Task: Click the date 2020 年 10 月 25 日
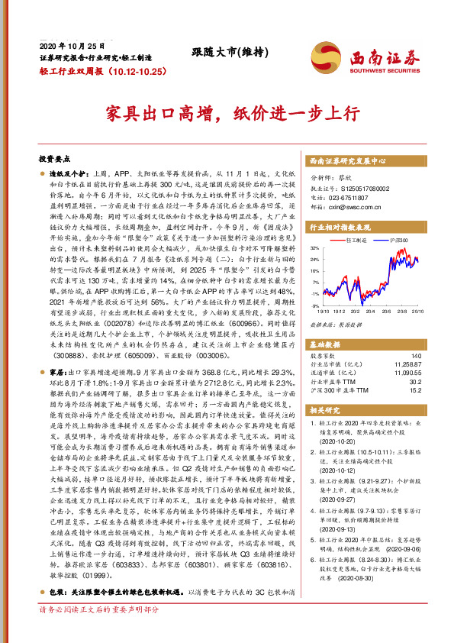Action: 71,47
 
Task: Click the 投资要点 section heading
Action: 54,160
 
